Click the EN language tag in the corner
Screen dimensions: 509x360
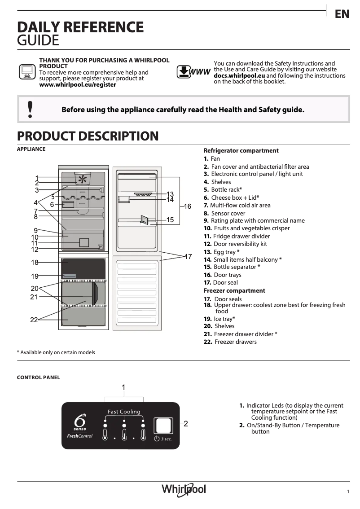[x=342, y=14]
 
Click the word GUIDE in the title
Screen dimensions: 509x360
[x=38, y=41]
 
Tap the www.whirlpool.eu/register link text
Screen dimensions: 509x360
[x=78, y=84]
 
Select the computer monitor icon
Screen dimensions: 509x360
[x=27, y=72]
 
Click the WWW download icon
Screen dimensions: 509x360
[x=193, y=72]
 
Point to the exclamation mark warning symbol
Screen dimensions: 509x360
[x=30, y=109]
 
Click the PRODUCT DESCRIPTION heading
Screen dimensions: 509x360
[x=88, y=136]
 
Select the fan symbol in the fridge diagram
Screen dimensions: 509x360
[x=83, y=180]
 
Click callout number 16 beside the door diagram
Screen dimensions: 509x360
[x=188, y=206]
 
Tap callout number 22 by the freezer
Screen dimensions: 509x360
[x=34, y=320]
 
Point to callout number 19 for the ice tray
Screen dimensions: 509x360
[x=35, y=276]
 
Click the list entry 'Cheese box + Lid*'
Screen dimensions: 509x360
[x=231, y=197]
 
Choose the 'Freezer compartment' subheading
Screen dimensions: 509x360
[x=234, y=290]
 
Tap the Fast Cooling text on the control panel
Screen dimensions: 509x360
[x=124, y=412]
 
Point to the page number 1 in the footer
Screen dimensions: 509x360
[x=348, y=491]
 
